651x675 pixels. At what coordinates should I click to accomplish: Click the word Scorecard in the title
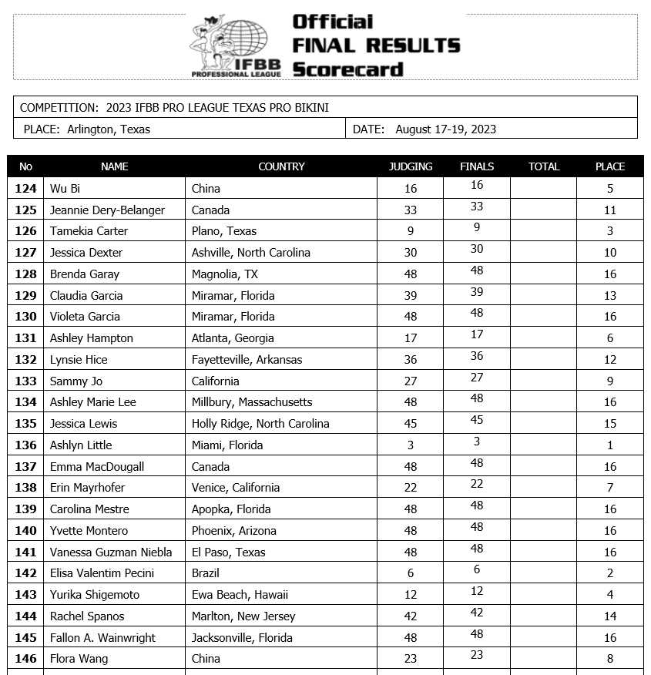[x=347, y=69]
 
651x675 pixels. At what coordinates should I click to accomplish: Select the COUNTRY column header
[x=281, y=166]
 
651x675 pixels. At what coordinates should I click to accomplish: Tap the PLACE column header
[x=609, y=166]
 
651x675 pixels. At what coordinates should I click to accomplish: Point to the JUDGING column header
[x=410, y=166]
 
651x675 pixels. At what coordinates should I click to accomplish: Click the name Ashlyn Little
[x=81, y=445]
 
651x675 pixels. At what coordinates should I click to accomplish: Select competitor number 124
[x=26, y=188]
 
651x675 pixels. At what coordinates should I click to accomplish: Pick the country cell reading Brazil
[x=206, y=573]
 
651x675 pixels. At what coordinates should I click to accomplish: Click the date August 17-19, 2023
[x=445, y=129]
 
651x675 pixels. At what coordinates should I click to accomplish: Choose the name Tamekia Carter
[x=89, y=231]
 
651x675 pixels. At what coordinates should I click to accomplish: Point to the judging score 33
[x=410, y=210]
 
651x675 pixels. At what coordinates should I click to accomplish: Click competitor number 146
[x=26, y=658]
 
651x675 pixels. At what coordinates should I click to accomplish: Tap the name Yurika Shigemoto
[x=96, y=594]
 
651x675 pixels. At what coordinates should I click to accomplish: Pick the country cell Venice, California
[x=235, y=487]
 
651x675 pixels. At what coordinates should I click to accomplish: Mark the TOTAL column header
[x=543, y=166]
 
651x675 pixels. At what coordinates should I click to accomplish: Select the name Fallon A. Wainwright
[x=102, y=637]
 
